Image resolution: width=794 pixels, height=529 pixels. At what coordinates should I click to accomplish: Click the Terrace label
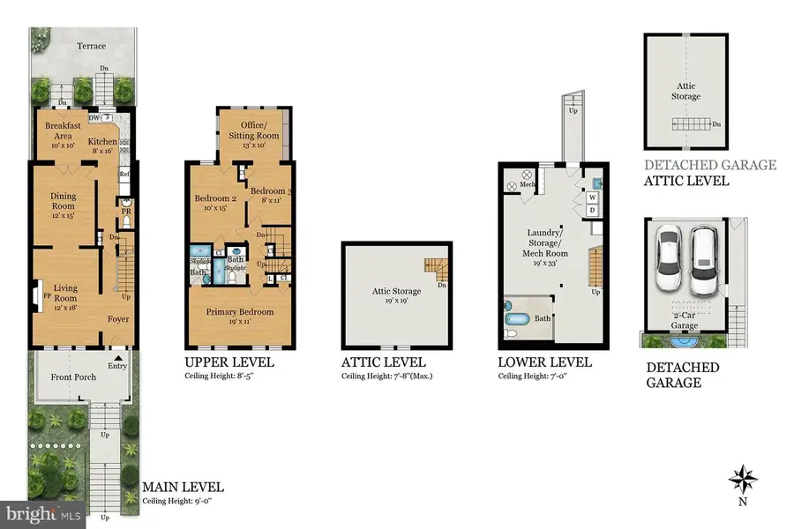click(91, 46)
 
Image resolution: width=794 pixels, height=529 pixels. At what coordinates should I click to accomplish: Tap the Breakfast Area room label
click(63, 130)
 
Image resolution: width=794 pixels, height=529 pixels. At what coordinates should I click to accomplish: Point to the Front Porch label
click(73, 377)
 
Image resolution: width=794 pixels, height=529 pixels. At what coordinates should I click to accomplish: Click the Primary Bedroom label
click(240, 312)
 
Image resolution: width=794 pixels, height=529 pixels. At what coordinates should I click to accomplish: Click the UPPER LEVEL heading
click(229, 362)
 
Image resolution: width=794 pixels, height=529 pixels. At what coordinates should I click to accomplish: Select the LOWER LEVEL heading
click(544, 362)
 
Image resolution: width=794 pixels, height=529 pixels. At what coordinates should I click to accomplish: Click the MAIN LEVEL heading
click(183, 487)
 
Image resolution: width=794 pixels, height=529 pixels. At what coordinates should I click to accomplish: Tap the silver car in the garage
click(704, 260)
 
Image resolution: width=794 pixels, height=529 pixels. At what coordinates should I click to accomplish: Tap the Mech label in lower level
click(527, 184)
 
